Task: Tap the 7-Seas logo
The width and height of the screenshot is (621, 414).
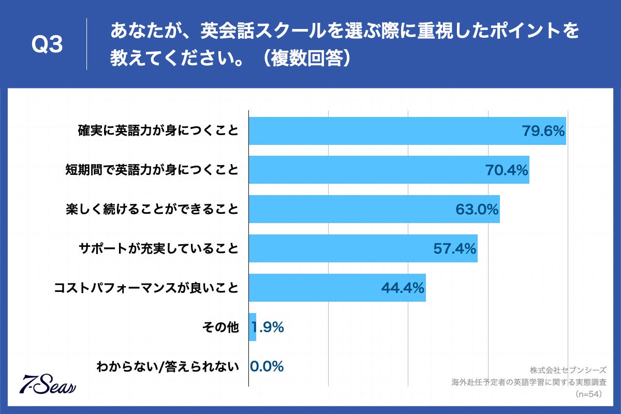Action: [x=48, y=383]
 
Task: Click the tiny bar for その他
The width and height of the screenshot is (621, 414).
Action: [x=253, y=327]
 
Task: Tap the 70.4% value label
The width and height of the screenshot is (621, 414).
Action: [x=506, y=170]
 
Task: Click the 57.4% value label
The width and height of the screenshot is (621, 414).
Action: [x=454, y=249]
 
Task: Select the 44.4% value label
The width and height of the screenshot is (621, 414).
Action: [x=403, y=288]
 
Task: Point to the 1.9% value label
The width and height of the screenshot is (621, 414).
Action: [x=268, y=327]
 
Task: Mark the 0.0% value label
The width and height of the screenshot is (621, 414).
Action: [x=267, y=366]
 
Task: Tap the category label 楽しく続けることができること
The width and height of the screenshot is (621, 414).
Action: [x=152, y=209]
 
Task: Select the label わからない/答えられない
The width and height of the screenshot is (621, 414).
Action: [x=168, y=367]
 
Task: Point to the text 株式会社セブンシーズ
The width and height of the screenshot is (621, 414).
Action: [x=568, y=371]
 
